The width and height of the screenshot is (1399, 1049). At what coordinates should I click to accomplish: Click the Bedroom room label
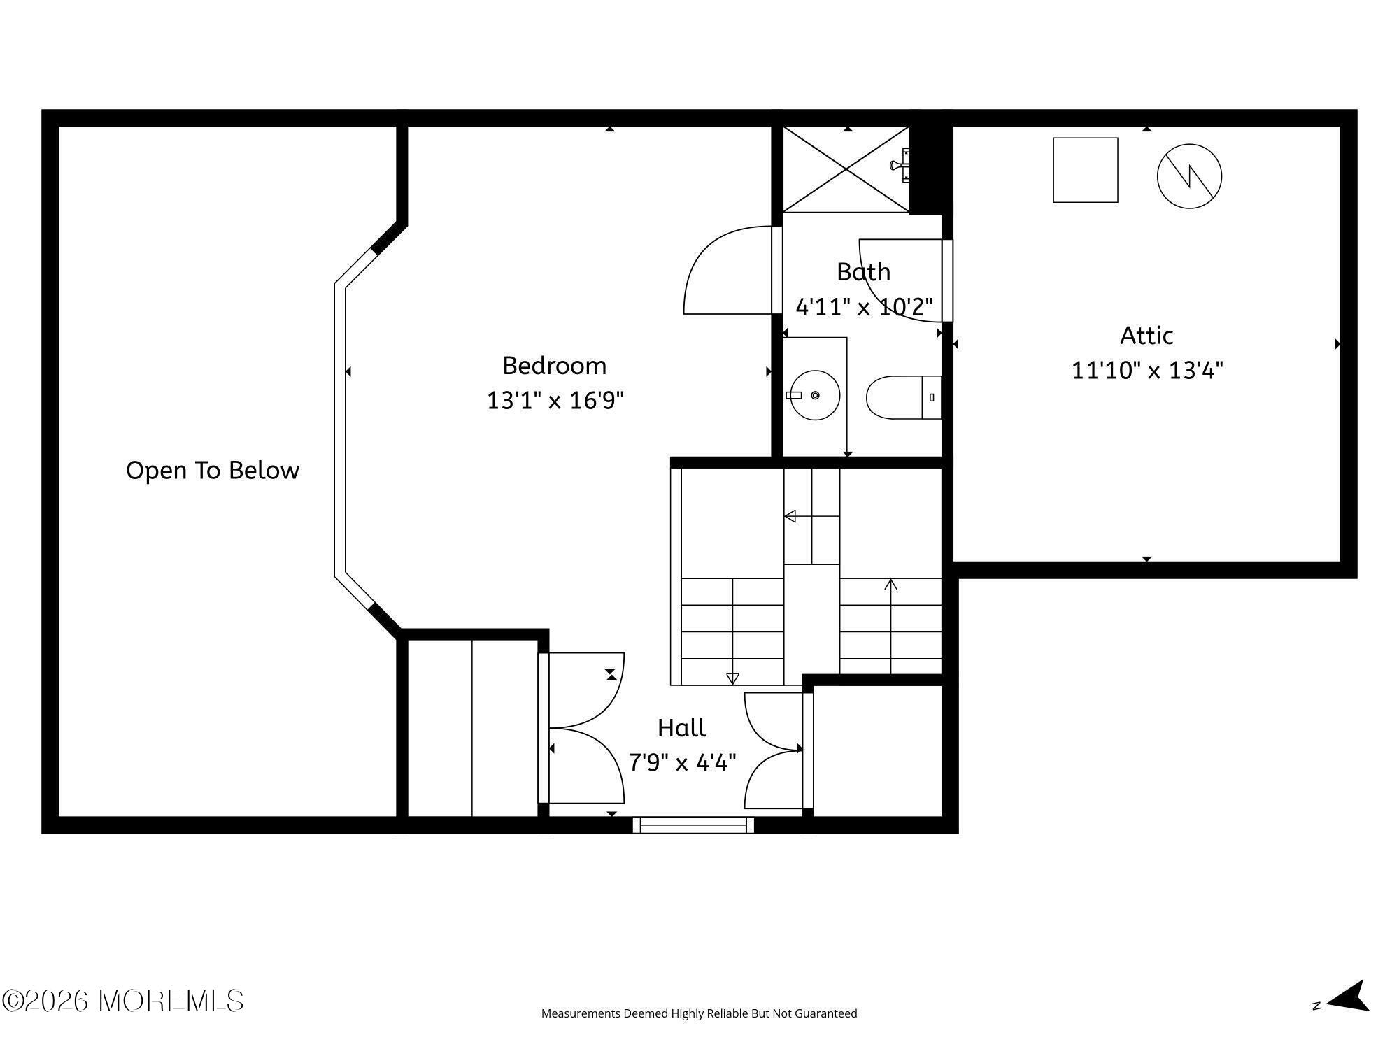[554, 366]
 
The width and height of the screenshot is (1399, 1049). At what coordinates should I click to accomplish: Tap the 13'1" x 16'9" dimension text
[555, 400]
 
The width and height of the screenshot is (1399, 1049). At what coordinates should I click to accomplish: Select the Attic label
[1146, 336]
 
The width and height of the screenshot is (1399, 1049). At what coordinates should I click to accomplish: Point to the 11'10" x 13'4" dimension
[1147, 369]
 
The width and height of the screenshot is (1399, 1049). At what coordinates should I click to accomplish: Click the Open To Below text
[213, 470]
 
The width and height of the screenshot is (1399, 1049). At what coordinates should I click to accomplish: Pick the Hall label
[682, 728]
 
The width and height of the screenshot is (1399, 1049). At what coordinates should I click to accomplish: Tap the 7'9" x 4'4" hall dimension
[683, 762]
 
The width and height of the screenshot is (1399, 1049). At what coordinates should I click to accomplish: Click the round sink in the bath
[815, 395]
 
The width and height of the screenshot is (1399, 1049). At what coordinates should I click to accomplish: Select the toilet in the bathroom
[904, 397]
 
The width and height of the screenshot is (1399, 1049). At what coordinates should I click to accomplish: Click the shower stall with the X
[846, 169]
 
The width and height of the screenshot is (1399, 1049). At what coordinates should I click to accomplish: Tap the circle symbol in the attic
[1189, 176]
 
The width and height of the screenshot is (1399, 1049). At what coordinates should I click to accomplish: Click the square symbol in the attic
[1086, 170]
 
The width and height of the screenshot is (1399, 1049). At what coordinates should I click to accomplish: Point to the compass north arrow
[1347, 996]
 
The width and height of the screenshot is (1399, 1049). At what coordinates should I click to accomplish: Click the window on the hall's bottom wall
[693, 825]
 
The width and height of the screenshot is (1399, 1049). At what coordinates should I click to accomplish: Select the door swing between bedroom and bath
[727, 270]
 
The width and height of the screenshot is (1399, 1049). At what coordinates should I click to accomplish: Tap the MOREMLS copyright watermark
[122, 1001]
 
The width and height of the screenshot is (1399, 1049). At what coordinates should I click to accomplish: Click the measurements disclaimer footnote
[699, 1013]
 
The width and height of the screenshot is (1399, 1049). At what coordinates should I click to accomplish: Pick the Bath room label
[864, 272]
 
